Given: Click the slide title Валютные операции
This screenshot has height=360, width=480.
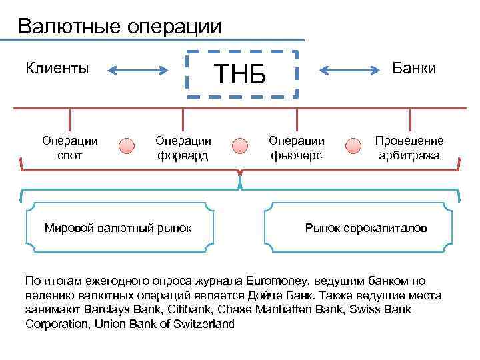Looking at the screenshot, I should [119, 27].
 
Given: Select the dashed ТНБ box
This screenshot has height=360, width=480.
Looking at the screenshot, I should [239, 74].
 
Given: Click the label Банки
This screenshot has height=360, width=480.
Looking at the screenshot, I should [414, 68].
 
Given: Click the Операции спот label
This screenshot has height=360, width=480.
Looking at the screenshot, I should [70, 148].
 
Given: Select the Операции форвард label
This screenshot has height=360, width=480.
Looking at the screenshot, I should [183, 148].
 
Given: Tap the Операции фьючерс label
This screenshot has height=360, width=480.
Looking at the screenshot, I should [297, 148].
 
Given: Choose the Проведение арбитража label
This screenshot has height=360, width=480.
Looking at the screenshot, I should [409, 148].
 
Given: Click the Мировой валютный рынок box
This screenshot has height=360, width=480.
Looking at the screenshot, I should [118, 228].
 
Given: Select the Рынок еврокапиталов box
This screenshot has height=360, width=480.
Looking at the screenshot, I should [365, 228].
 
